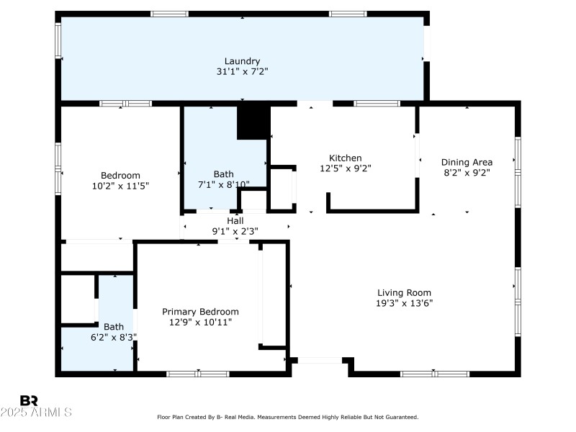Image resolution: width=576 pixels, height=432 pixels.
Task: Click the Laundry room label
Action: click(242, 61)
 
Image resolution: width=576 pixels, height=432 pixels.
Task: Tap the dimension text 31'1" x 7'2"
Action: click(242, 72)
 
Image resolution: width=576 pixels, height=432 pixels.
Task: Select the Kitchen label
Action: click(345, 158)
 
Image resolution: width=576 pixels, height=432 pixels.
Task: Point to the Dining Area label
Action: click(467, 162)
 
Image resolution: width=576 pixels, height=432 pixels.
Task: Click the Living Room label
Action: click(404, 292)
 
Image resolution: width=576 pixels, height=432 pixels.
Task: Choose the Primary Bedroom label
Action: click(200, 312)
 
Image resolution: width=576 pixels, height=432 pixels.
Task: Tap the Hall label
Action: click(235, 220)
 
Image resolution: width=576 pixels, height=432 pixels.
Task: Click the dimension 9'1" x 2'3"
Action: click(235, 231)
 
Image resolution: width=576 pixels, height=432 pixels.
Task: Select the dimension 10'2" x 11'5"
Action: click(120, 186)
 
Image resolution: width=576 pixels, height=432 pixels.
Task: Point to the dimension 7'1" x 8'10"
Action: click(223, 184)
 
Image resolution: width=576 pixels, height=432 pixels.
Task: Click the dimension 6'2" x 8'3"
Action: click(114, 336)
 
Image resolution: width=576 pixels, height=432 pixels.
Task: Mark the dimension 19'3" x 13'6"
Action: click(404, 303)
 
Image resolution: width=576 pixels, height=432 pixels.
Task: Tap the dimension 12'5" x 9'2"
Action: click(345, 168)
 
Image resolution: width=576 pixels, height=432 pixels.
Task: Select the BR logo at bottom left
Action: click(29, 400)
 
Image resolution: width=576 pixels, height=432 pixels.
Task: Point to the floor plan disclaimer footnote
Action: click(287, 417)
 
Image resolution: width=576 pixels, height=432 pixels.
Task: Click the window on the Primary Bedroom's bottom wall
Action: click(198, 374)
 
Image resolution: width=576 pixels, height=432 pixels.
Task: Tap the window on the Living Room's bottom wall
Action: click(434, 374)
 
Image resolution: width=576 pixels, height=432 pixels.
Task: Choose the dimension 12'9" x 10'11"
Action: click(200, 323)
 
